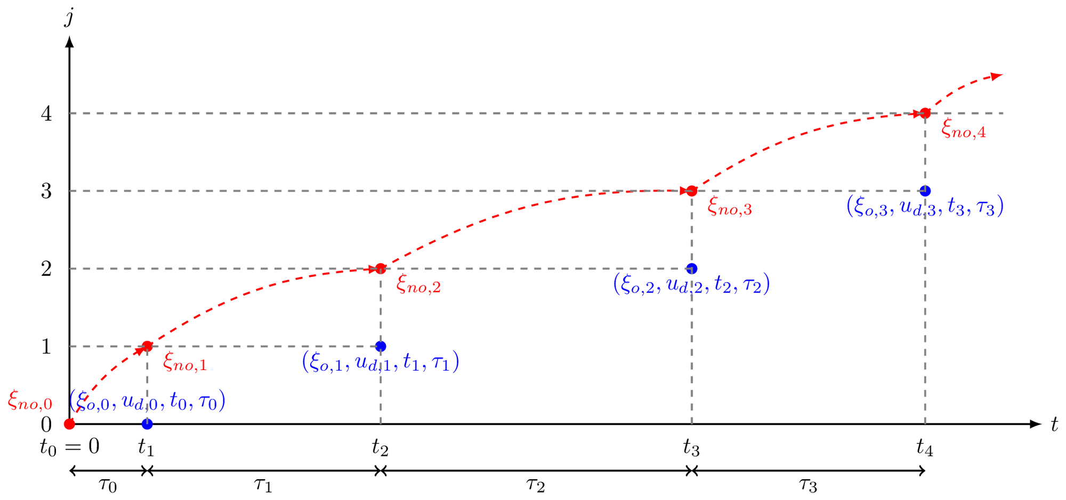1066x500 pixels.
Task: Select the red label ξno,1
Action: (x=184, y=362)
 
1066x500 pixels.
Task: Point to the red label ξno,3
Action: (x=729, y=207)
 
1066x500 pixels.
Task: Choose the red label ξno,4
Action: (x=963, y=129)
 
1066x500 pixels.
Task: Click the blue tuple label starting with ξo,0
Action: (x=148, y=401)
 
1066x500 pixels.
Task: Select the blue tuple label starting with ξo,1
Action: (x=381, y=362)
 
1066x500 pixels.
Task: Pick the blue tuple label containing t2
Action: (x=691, y=284)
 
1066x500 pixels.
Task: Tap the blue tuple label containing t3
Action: (x=925, y=206)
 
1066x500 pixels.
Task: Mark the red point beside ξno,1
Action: (x=147, y=347)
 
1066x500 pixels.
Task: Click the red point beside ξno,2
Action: (x=379, y=268)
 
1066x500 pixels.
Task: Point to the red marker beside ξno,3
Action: (x=690, y=191)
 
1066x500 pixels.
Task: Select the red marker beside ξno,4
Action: (x=923, y=113)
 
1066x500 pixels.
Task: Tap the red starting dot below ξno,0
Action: (x=69, y=424)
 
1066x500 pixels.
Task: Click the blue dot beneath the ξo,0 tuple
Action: (x=148, y=424)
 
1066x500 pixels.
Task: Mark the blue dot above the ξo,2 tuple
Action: (x=692, y=268)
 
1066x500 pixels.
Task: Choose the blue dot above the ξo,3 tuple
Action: (x=925, y=191)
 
